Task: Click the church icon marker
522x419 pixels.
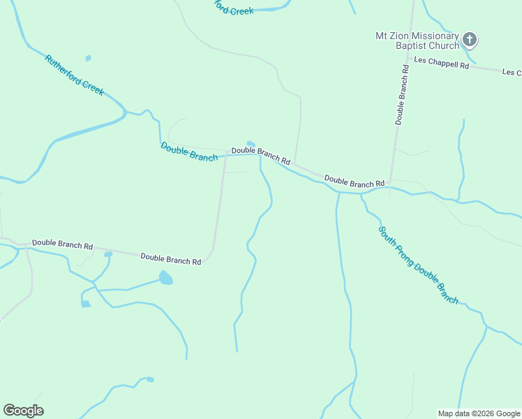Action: pyautogui.click(x=470, y=40)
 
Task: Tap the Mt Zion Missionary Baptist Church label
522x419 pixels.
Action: pyautogui.click(x=417, y=41)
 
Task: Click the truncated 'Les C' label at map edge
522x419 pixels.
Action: pyautogui.click(x=512, y=73)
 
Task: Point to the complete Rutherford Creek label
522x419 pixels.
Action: pyautogui.click(x=74, y=75)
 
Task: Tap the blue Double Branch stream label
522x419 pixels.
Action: pyautogui.click(x=189, y=152)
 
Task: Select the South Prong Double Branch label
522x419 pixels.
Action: pyautogui.click(x=418, y=265)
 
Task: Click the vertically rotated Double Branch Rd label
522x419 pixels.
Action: pyautogui.click(x=401, y=94)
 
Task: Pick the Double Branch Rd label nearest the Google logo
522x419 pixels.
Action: pyautogui.click(x=62, y=246)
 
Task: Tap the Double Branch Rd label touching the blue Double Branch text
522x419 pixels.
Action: pyautogui.click(x=260, y=155)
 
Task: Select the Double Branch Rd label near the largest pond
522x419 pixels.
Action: pyautogui.click(x=171, y=258)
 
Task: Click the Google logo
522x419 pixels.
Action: pyautogui.click(x=23, y=411)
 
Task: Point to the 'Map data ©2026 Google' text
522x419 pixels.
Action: pyautogui.click(x=479, y=413)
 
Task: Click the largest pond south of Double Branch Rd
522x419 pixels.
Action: pyautogui.click(x=165, y=278)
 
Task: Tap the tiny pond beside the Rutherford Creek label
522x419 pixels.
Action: pyautogui.click(x=88, y=58)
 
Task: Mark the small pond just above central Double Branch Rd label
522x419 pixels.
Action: pyautogui.click(x=251, y=144)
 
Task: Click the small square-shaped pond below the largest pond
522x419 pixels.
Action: pyautogui.click(x=85, y=304)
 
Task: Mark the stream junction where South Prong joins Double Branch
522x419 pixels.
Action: pyautogui.click(x=361, y=193)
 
